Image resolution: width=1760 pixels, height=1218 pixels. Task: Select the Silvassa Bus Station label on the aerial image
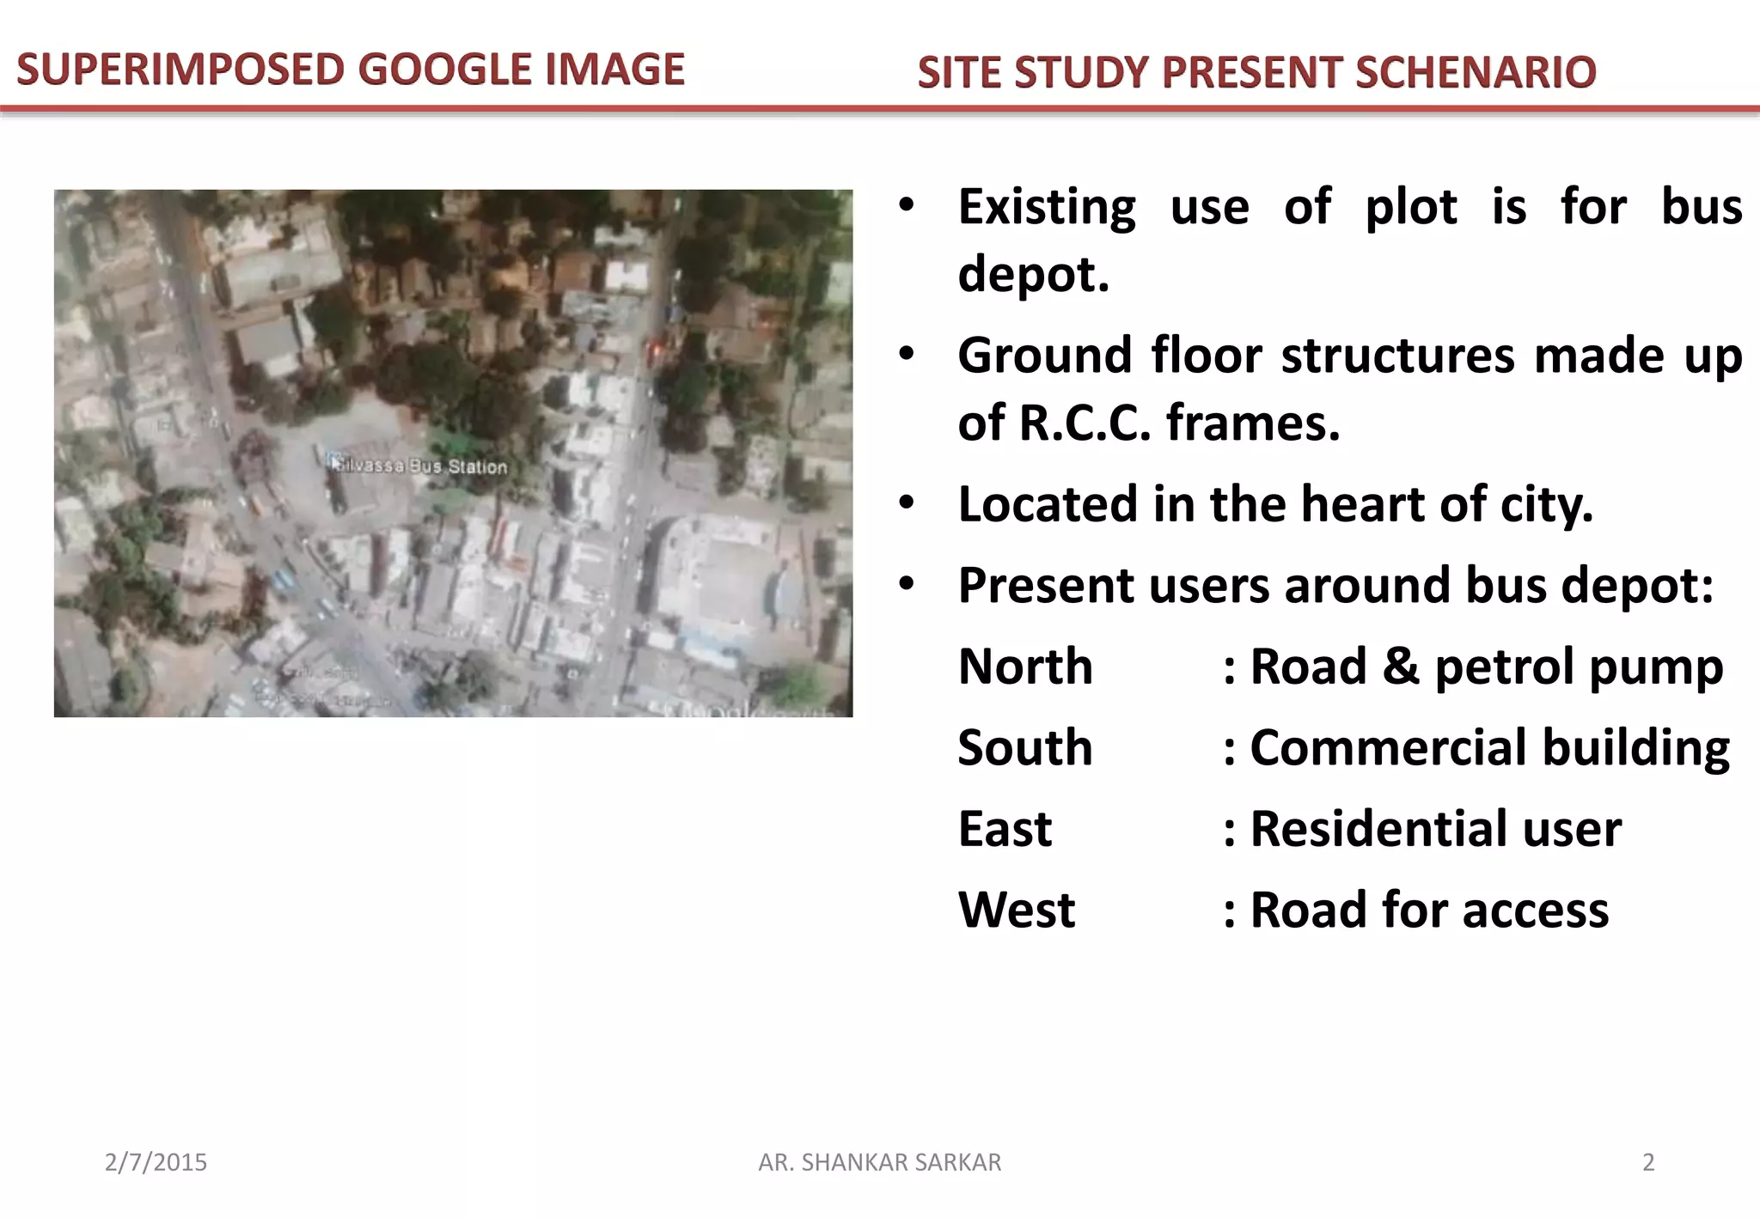[x=421, y=466]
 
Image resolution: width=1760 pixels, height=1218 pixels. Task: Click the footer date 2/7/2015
[x=156, y=1162]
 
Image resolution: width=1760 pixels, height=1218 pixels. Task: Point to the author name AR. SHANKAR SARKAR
[x=879, y=1162]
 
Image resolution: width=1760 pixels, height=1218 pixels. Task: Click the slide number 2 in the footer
[x=1647, y=1162]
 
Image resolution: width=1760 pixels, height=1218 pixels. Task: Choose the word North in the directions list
[x=1025, y=667]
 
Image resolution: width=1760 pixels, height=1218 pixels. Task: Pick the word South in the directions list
[x=1025, y=747]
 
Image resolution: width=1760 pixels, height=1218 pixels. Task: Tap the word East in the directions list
[x=1005, y=829]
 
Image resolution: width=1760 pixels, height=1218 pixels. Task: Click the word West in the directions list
[x=1017, y=910]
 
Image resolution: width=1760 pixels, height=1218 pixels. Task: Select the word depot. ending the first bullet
[x=1034, y=275]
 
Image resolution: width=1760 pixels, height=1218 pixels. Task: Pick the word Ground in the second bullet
[x=1045, y=356]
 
